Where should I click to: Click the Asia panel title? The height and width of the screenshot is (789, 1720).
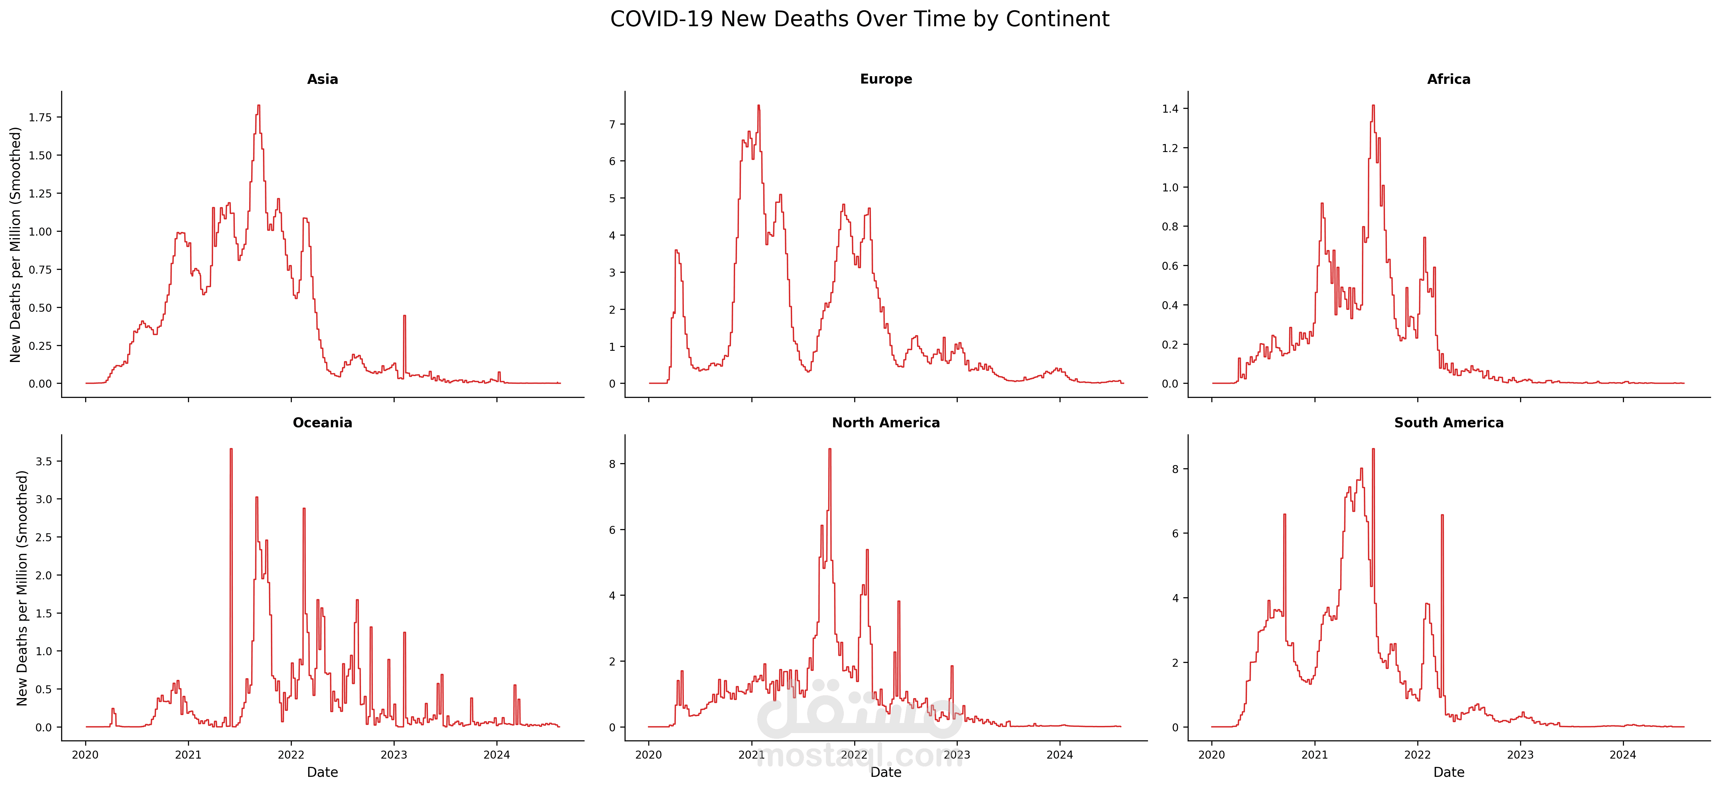click(x=323, y=79)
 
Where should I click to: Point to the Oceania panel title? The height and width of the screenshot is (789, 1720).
click(x=323, y=423)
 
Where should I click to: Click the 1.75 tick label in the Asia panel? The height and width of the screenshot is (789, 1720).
click(x=40, y=117)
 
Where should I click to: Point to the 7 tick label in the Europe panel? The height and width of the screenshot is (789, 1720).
click(x=612, y=124)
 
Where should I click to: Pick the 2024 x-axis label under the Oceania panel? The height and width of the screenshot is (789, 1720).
click(x=496, y=755)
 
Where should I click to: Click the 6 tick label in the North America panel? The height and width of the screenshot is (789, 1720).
click(x=612, y=530)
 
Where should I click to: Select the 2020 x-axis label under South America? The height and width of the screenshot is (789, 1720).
click(x=1212, y=755)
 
